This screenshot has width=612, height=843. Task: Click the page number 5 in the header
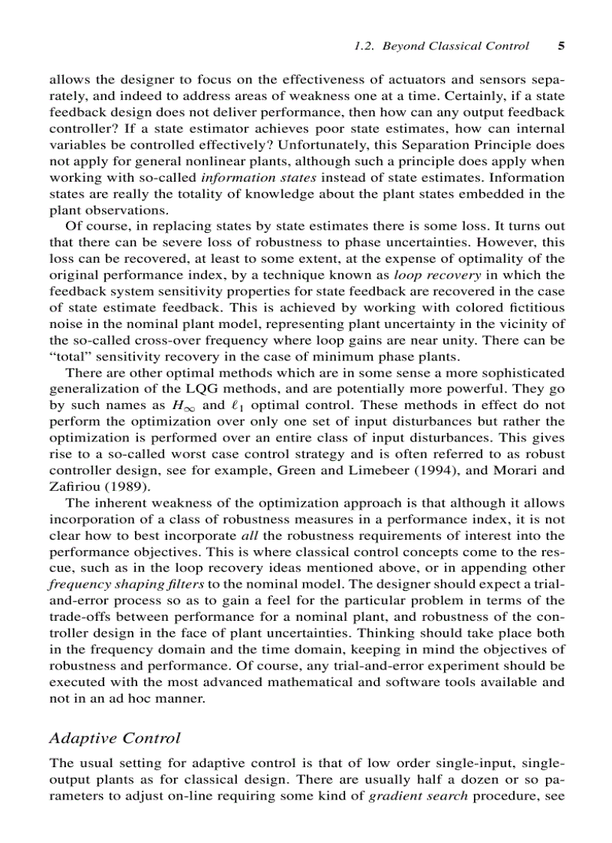point(561,46)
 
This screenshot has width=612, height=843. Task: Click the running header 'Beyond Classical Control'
point(455,46)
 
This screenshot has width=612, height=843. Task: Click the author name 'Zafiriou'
point(73,486)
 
